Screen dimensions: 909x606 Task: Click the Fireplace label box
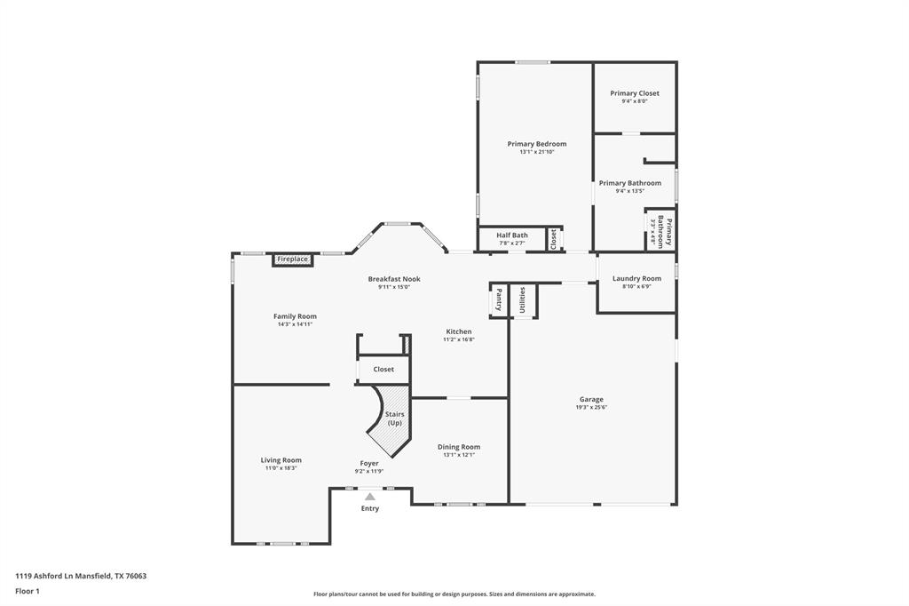coord(293,259)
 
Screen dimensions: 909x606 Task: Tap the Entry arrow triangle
coord(370,497)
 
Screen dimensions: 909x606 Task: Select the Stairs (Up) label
coord(395,419)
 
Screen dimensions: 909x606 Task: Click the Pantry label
coord(499,299)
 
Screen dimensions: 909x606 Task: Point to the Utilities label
coord(522,299)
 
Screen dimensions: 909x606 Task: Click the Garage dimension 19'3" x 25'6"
coord(591,408)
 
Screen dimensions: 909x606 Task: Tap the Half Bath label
coord(512,235)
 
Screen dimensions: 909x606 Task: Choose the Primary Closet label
coord(634,93)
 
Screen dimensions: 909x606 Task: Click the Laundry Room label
coord(636,279)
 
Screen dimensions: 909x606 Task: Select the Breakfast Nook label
coord(394,279)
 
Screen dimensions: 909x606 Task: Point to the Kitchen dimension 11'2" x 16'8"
coord(459,339)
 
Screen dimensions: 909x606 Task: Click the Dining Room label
coord(459,447)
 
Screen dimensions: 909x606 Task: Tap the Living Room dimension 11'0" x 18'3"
coord(281,468)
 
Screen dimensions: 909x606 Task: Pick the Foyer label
coord(369,463)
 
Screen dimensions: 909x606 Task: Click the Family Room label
coord(295,316)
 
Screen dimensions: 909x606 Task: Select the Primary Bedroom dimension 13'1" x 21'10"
coord(537,152)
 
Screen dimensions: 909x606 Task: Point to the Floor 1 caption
coord(28,592)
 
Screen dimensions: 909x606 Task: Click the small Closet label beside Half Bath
coord(554,238)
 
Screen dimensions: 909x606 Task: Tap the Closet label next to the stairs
coord(383,369)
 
